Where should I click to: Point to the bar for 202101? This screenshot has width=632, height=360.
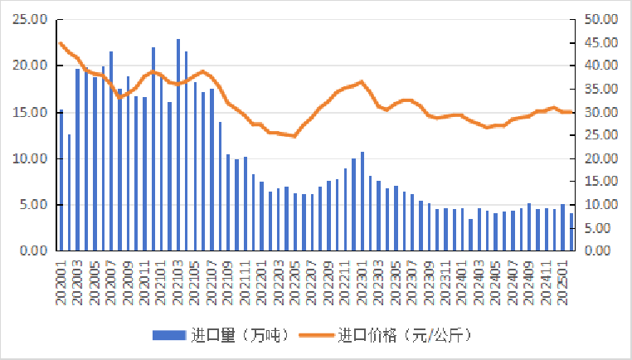tap(153, 149)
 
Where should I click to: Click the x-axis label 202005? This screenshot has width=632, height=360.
tap(94, 282)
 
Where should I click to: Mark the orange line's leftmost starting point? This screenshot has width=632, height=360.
tap(61, 43)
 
